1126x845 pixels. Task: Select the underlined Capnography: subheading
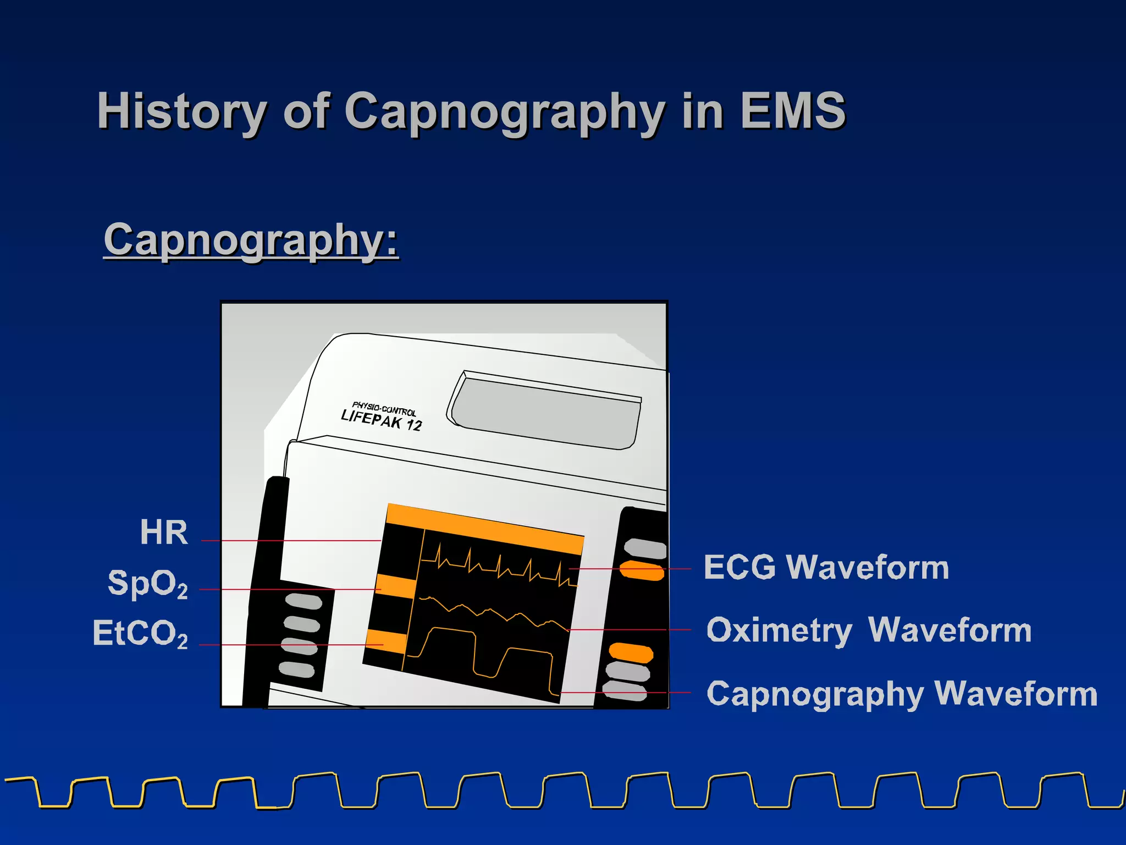coord(251,240)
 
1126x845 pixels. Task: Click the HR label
coord(164,533)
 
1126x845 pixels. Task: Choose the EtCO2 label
coord(140,633)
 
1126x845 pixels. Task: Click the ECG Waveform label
coord(826,567)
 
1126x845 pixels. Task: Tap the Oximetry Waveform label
coord(869,630)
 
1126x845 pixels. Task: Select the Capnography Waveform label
coord(902,694)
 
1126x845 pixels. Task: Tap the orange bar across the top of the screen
coord(484,528)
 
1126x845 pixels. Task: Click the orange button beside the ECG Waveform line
coord(642,570)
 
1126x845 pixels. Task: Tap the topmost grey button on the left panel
coord(303,601)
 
